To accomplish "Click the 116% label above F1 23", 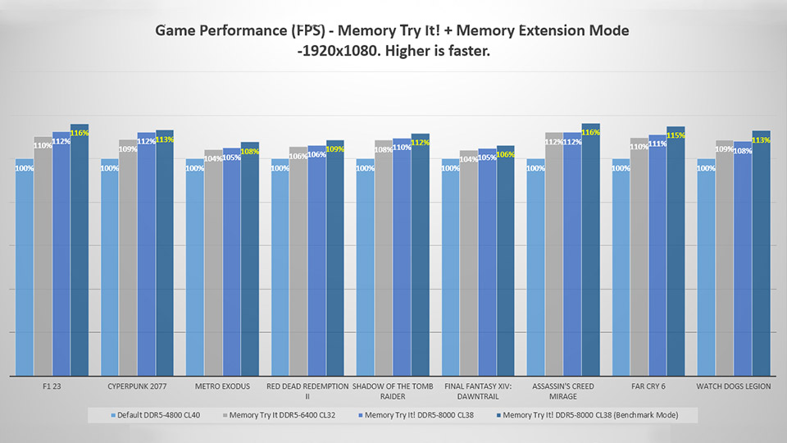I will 80,133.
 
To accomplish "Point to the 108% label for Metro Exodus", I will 249,151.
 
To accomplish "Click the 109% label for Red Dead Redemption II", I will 334,149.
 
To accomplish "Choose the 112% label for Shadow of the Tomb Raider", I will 420,143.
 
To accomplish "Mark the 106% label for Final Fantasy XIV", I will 505,154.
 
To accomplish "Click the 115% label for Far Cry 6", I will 676,135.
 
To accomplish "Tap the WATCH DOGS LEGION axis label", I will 734,386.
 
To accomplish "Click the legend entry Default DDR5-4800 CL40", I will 156,415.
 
